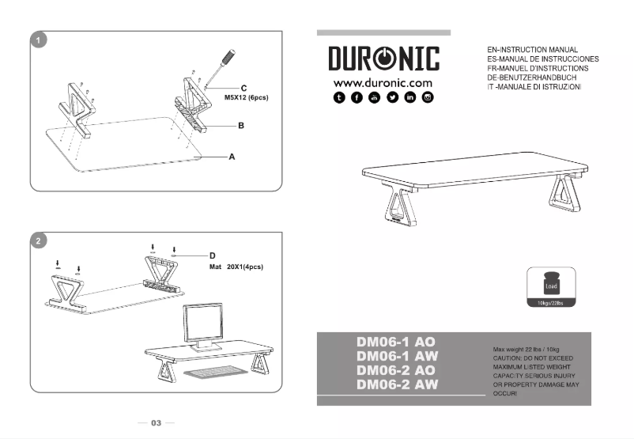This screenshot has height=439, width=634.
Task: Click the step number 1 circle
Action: pyautogui.click(x=37, y=40)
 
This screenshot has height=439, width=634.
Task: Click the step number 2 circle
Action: pyautogui.click(x=37, y=240)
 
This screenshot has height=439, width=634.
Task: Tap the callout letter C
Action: pyautogui.click(x=243, y=88)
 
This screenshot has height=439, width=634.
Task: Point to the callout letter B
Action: pyautogui.click(x=240, y=126)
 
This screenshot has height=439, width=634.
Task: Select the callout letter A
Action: pyautogui.click(x=232, y=157)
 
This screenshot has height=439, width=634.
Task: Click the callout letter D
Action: pyautogui.click(x=212, y=255)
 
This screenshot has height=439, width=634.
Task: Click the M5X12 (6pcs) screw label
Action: pyautogui.click(x=247, y=98)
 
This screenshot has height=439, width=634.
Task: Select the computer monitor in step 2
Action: pyautogui.click(x=205, y=324)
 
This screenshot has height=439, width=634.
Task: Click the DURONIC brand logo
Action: pyautogui.click(x=383, y=59)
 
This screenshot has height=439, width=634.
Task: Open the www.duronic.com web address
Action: pyautogui.click(x=383, y=82)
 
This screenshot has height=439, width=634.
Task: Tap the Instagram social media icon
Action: pyautogui.click(x=428, y=97)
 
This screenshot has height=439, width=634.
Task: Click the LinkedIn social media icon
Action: pyautogui.click(x=409, y=97)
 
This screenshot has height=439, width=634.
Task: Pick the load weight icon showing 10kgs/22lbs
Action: pyautogui.click(x=551, y=287)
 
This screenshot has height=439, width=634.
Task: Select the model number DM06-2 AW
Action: pyautogui.click(x=397, y=384)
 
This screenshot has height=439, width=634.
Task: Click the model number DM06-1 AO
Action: pyautogui.click(x=396, y=342)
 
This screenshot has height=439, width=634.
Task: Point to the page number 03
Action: pyautogui.click(x=157, y=423)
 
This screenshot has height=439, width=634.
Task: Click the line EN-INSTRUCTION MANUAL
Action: pyautogui.click(x=534, y=50)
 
